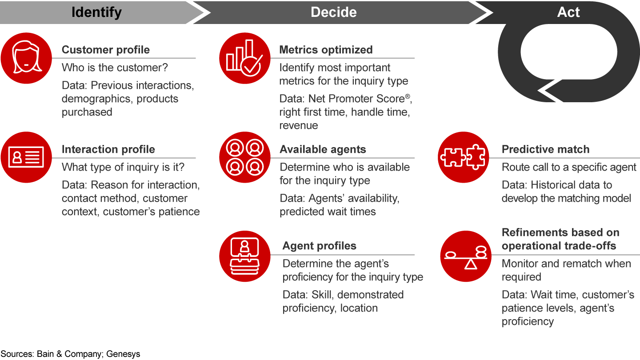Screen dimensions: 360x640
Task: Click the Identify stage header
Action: point(96,12)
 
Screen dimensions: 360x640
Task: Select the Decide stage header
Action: point(333,12)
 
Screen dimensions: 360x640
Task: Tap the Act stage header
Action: point(568,12)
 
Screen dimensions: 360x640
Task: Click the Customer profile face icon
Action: point(26,58)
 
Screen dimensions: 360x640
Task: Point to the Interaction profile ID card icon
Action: point(26,157)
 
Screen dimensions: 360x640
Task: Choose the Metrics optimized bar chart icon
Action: point(245,58)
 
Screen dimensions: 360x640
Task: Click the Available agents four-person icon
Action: point(245,157)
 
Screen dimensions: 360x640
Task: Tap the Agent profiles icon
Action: point(245,256)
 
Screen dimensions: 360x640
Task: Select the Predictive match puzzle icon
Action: point(464,157)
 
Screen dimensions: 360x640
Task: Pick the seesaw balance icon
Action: point(466,256)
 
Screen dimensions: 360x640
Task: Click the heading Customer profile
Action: point(106,50)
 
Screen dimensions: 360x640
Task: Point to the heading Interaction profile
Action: point(108,149)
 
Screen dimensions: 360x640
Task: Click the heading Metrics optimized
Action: point(326,50)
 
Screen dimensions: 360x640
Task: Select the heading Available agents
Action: point(323,149)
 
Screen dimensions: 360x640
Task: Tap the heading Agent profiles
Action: point(320,246)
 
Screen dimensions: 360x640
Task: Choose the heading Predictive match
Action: point(545,149)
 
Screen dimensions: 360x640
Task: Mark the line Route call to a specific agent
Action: point(569,167)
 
